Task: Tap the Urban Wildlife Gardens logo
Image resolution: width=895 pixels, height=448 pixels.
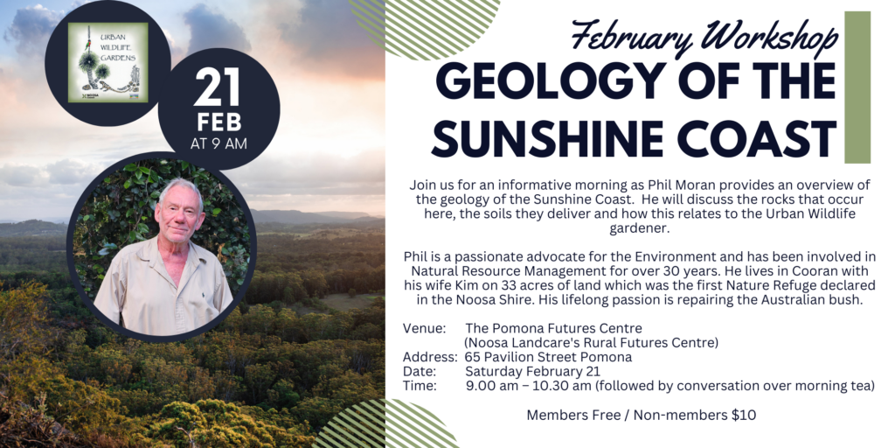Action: [x=108, y=62]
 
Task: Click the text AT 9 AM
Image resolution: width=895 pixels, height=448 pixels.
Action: [x=219, y=143]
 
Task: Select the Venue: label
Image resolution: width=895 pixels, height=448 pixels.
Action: [x=424, y=329]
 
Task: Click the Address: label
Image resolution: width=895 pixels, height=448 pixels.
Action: [x=430, y=358]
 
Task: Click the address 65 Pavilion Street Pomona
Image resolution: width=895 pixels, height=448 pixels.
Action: [x=549, y=358]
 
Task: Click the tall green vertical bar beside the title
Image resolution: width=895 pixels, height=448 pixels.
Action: [x=857, y=87]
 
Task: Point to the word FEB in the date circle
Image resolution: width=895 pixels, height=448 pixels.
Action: [x=219, y=122]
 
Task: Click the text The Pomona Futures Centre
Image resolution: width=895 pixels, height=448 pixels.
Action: [x=553, y=329]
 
